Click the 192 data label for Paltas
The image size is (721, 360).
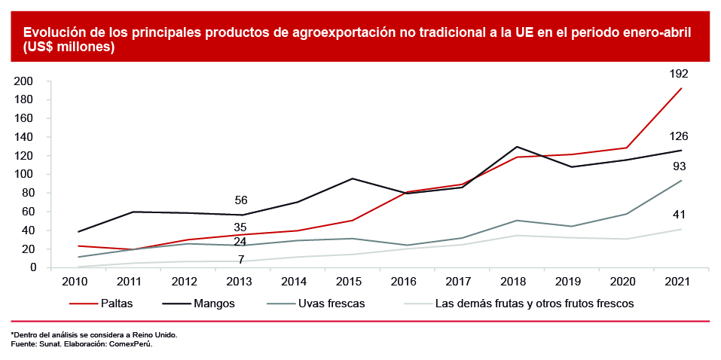679,74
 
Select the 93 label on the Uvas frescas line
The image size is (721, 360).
679,166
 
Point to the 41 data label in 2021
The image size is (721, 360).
679,215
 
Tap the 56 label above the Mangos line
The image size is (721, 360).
241,200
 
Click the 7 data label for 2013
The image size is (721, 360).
241,259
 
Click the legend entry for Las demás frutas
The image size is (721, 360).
521,304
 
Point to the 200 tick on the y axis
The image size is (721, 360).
25,81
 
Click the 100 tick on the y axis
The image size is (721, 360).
25,174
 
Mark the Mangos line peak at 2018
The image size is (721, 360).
516,147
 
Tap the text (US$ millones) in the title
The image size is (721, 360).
69,47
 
